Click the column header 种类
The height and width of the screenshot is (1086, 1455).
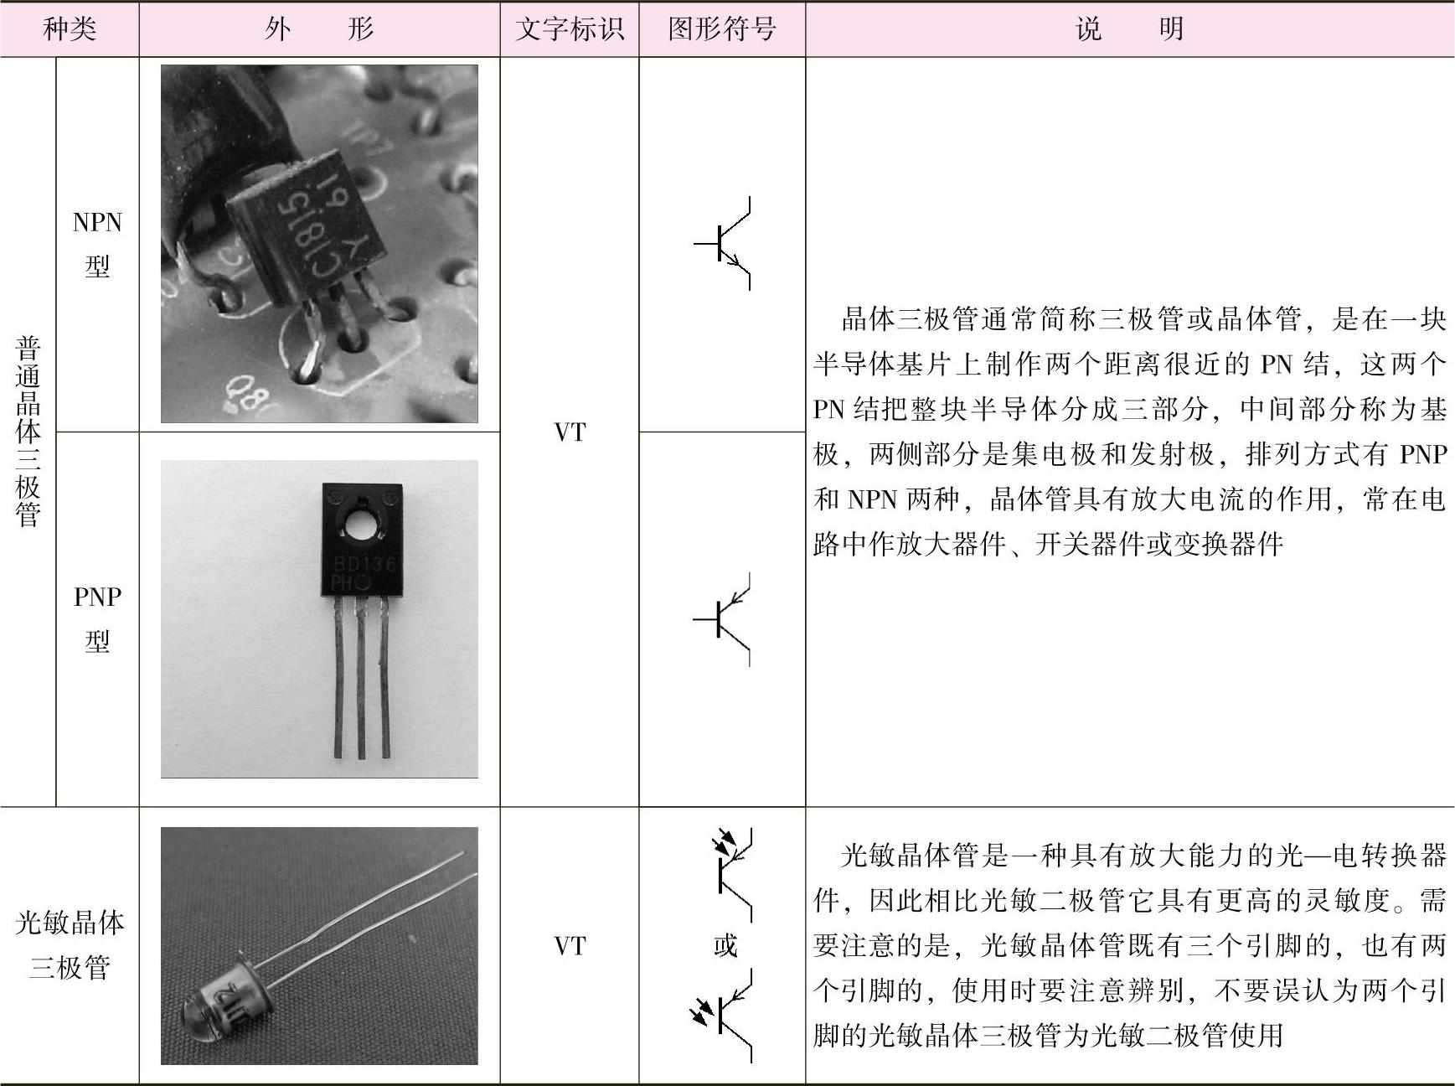coord(70,29)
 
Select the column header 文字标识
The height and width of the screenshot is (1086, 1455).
coord(570,29)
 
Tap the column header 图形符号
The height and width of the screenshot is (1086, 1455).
coord(722,29)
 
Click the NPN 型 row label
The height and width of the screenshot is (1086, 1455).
coord(97,244)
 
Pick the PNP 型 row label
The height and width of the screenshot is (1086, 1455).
coord(97,618)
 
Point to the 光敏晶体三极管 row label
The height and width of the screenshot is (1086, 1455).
coord(70,945)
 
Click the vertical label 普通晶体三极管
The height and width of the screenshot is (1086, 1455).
coord(28,432)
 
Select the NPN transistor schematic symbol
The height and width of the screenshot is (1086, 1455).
coord(722,244)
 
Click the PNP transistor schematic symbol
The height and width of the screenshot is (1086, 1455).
coord(722,619)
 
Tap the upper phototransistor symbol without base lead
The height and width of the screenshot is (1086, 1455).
coord(731,874)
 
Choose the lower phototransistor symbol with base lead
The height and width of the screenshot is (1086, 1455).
coord(721,1016)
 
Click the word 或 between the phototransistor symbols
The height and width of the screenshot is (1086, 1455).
coord(725,946)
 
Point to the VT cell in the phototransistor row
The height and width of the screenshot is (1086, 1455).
coord(570,946)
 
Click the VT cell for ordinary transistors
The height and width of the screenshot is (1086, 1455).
coord(570,432)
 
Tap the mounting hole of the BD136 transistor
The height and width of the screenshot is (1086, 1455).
coord(362,529)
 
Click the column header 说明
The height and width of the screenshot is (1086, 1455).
coord(1129,29)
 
